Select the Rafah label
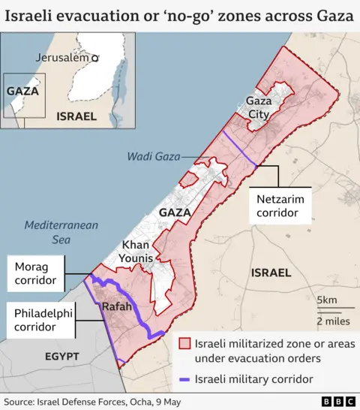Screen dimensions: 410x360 pyautogui.click(x=116, y=307)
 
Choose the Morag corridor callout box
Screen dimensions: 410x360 pyautogui.click(x=37, y=273)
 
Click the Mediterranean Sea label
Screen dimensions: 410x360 pyautogui.click(x=46, y=232)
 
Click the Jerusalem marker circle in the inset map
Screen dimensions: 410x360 pyautogui.click(x=94, y=58)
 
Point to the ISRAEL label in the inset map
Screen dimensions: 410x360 pyautogui.click(x=76, y=116)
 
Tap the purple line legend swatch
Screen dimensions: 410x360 pyautogui.click(x=184, y=379)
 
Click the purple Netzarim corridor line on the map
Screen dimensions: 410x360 pyautogui.click(x=240, y=148)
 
